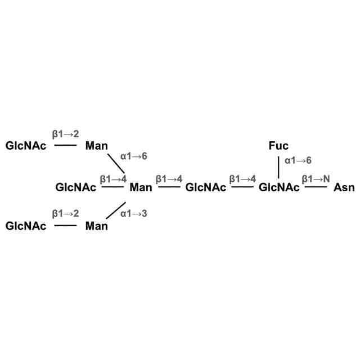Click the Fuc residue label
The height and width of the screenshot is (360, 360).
coord(278,147)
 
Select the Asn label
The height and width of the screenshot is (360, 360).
coord(344,187)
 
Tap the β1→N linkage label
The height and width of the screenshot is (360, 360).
coord(315,179)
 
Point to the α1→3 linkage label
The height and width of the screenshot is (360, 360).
coord(134,214)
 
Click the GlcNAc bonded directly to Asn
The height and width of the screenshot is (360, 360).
coord(279,187)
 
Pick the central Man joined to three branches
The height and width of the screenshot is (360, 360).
coord(141,187)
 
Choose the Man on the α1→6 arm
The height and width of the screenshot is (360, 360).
coord(97,147)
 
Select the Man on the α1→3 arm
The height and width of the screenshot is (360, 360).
coord(97,227)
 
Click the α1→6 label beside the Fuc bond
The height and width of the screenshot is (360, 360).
coord(298,161)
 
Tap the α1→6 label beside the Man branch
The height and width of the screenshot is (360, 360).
coord(134,156)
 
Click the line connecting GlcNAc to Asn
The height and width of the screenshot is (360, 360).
coord(316,187)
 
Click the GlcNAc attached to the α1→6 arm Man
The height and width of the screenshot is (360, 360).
coord(26,147)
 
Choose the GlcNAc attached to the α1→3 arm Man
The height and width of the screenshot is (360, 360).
coord(26,227)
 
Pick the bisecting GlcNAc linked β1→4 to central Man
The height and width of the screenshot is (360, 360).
coord(76,187)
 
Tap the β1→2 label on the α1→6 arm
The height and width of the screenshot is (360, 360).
coord(66,134)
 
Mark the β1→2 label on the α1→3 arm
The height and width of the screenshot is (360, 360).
coord(66,214)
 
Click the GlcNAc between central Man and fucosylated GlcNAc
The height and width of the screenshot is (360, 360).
coord(206,187)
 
